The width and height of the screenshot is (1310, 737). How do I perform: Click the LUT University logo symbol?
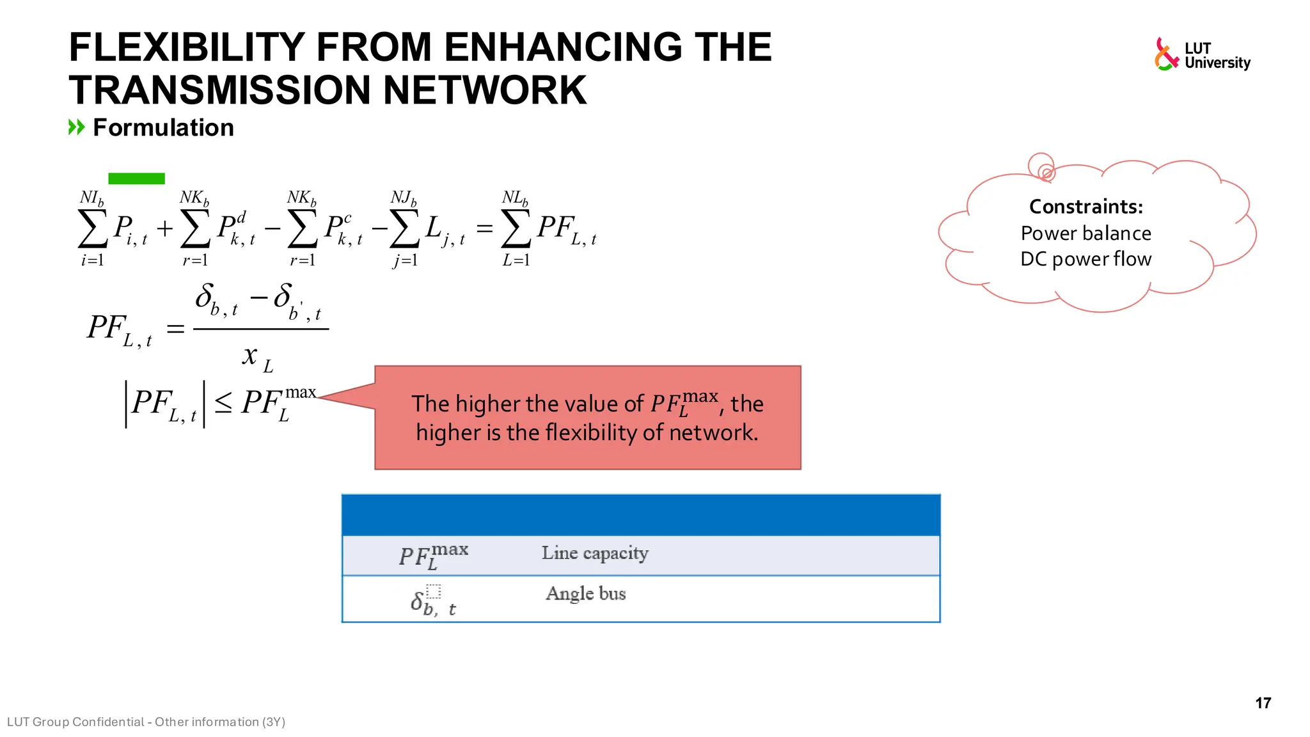coord(1165,54)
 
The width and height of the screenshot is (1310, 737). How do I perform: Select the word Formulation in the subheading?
coord(163,128)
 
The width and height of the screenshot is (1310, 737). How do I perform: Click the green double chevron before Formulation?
coord(76,127)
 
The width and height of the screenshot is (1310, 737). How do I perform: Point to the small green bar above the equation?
coord(136,178)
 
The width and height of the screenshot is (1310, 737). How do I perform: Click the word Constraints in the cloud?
coord(1085,207)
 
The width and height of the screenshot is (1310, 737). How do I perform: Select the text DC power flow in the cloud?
coord(1085,259)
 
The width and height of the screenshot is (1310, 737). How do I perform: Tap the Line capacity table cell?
coord(594,553)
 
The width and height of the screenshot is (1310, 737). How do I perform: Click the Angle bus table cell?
coord(585,594)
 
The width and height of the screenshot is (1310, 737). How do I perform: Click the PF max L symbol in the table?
coord(433,555)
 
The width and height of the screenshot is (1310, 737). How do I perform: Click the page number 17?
coord(1263,703)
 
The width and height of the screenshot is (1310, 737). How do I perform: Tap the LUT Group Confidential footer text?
coord(146,722)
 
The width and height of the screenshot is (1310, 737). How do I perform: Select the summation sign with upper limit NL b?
coord(516,229)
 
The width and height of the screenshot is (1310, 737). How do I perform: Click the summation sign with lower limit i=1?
coord(92,229)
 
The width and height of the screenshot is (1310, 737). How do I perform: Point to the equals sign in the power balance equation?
coord(484,228)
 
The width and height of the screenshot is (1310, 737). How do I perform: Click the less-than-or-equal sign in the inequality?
coord(223,404)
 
